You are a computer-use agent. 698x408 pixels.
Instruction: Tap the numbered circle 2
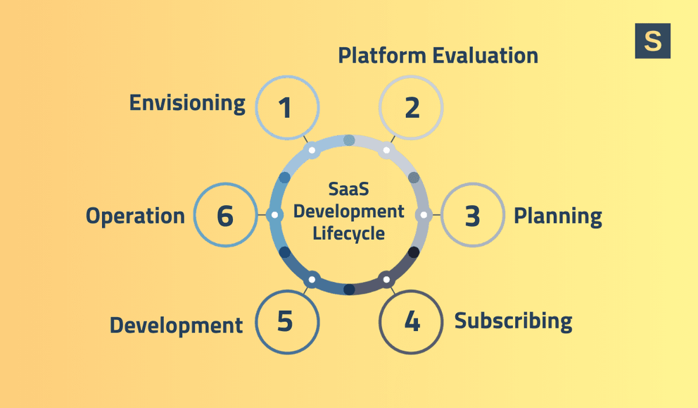pos(411,108)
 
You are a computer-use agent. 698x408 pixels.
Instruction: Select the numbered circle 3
pos(472,216)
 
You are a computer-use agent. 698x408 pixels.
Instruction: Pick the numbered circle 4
pos(411,321)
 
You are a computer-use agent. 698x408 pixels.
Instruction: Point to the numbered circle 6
pos(225,216)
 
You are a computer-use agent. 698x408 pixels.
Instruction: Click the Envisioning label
pos(187,103)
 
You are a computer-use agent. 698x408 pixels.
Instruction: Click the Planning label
pos(557,216)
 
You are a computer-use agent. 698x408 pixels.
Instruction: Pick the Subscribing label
pos(513,321)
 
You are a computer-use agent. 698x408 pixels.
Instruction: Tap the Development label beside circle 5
pos(176,325)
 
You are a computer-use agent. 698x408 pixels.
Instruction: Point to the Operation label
pos(135,216)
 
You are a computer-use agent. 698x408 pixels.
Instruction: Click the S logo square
pos(652,41)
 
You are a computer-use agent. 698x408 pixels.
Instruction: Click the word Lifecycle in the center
pos(349,233)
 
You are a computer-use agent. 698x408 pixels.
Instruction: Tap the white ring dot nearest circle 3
pos(424,215)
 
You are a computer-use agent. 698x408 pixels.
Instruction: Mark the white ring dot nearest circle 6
pos(274,215)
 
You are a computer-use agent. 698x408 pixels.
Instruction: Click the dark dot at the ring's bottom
pos(349,289)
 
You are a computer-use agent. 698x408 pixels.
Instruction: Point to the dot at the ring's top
pos(349,140)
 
